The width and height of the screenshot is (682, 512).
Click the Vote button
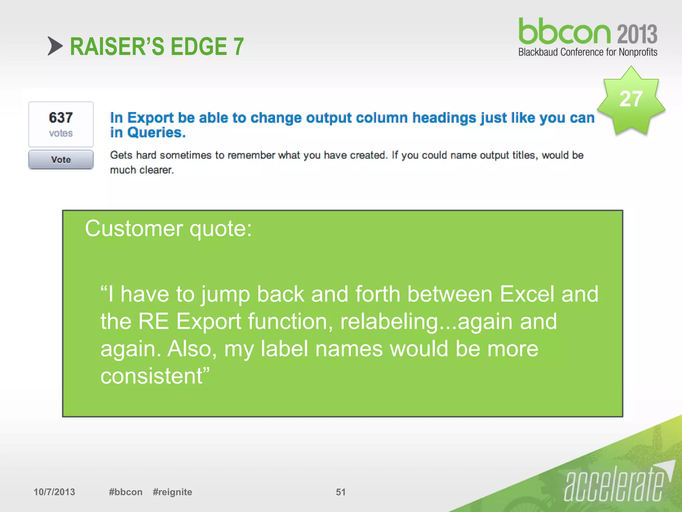pyautogui.click(x=61, y=160)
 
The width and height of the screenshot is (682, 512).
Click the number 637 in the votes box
pyautogui.click(x=61, y=118)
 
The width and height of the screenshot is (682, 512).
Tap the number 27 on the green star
pyautogui.click(x=631, y=99)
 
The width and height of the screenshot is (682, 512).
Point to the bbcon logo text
pyautogui.click(x=565, y=32)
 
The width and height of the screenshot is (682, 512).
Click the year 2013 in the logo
pyautogui.click(x=637, y=34)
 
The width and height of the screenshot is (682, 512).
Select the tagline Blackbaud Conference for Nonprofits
pyautogui.click(x=588, y=52)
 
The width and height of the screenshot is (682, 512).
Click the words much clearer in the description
pyautogui.click(x=142, y=170)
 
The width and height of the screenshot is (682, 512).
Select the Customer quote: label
pyautogui.click(x=169, y=229)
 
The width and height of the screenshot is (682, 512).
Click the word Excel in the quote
pyautogui.click(x=527, y=294)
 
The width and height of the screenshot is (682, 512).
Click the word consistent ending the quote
pyautogui.click(x=153, y=376)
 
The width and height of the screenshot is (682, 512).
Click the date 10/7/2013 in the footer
pyautogui.click(x=54, y=492)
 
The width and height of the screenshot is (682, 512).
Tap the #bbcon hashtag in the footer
pyautogui.click(x=126, y=492)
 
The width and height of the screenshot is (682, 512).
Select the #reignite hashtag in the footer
pyautogui.click(x=172, y=492)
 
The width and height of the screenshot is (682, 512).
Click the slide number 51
pyautogui.click(x=341, y=492)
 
